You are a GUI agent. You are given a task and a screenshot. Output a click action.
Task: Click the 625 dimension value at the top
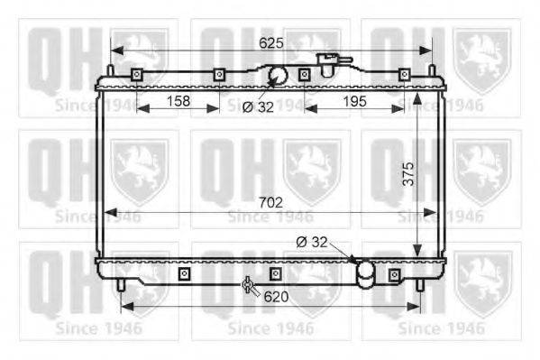pyautogui.click(x=271, y=43)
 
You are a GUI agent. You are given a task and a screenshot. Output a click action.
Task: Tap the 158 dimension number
pyautogui.click(x=178, y=101)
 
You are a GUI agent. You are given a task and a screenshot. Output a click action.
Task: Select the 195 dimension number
pyautogui.click(x=354, y=101)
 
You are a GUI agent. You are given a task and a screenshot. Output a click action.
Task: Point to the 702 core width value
pyautogui.click(x=271, y=202)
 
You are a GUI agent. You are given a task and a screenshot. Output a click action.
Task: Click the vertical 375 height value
pyautogui.click(x=408, y=174)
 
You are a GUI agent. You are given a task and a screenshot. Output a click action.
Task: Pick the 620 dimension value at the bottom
pyautogui.click(x=276, y=297)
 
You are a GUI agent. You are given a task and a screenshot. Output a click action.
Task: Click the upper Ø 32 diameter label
pyautogui.click(x=258, y=107)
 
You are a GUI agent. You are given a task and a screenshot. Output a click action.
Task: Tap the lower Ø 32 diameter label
pyautogui.click(x=312, y=242)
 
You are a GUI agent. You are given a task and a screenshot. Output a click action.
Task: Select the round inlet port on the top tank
pyautogui.click(x=278, y=75)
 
